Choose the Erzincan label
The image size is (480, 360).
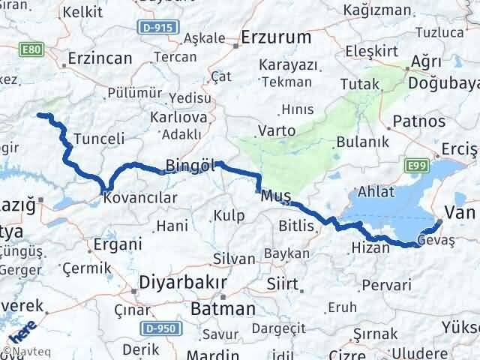(100, 58)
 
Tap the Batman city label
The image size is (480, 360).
(223, 308)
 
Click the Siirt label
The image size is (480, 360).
(283, 284)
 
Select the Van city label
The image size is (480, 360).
(461, 212)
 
